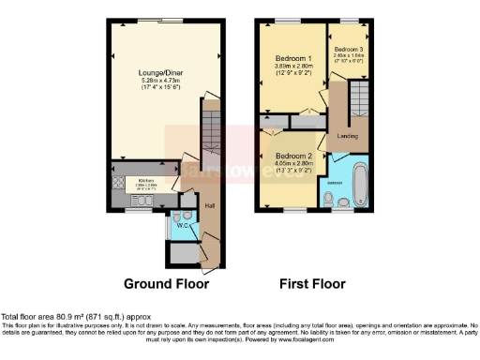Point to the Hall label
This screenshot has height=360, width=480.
(210, 205)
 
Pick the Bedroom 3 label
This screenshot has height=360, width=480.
(348, 49)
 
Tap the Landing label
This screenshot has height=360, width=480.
(347, 136)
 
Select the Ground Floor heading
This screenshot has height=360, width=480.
(166, 283)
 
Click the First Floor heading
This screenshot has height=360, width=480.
(313, 283)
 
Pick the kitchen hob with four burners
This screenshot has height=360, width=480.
(119, 182)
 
